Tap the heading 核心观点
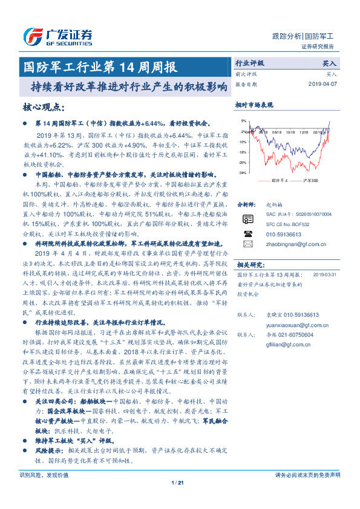42,107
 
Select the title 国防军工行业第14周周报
99,66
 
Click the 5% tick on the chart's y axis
243,120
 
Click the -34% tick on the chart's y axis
242,173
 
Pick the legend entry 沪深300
308,180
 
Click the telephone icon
247,233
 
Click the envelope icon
247,244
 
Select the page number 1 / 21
180,499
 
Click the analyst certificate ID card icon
247,219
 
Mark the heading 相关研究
249,264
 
